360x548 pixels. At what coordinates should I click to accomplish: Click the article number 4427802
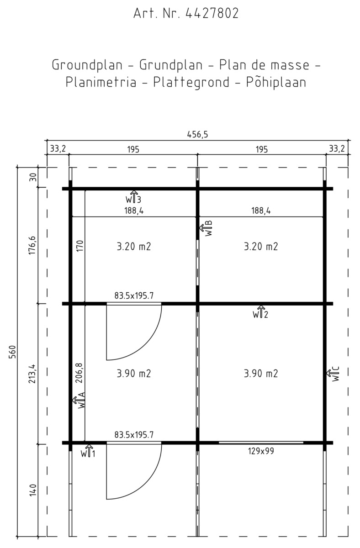click(212, 13)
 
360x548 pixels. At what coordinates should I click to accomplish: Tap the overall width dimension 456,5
click(197, 134)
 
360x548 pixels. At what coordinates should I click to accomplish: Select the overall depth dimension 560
click(12, 352)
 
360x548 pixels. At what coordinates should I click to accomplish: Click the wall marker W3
click(133, 197)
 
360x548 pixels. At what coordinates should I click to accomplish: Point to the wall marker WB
click(206, 228)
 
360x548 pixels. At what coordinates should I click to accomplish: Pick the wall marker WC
click(333, 374)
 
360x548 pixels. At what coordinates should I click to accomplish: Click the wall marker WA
click(79, 400)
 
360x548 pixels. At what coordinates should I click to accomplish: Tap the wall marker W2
click(260, 312)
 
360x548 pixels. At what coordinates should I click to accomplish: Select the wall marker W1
click(88, 451)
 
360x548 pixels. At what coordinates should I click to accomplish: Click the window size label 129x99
click(261, 451)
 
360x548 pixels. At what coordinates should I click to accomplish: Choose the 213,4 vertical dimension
click(33, 374)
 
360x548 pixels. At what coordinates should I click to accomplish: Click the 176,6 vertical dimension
click(32, 245)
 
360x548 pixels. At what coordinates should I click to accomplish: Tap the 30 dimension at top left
click(33, 177)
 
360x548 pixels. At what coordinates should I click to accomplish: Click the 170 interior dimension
click(80, 246)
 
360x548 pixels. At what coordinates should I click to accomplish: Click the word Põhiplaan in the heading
click(276, 82)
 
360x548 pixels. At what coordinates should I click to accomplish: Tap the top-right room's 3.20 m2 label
click(261, 246)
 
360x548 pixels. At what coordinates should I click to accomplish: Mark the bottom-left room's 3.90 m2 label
click(133, 374)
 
